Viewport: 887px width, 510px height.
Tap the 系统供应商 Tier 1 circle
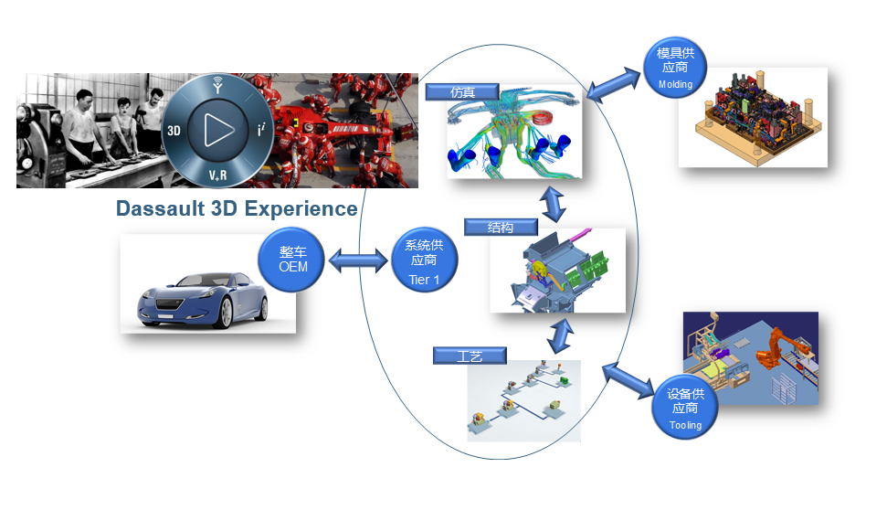[x=425, y=261]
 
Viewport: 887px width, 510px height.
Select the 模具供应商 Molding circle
[x=675, y=69]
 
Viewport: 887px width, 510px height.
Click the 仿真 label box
[x=462, y=91]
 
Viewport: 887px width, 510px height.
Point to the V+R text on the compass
[x=217, y=174]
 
